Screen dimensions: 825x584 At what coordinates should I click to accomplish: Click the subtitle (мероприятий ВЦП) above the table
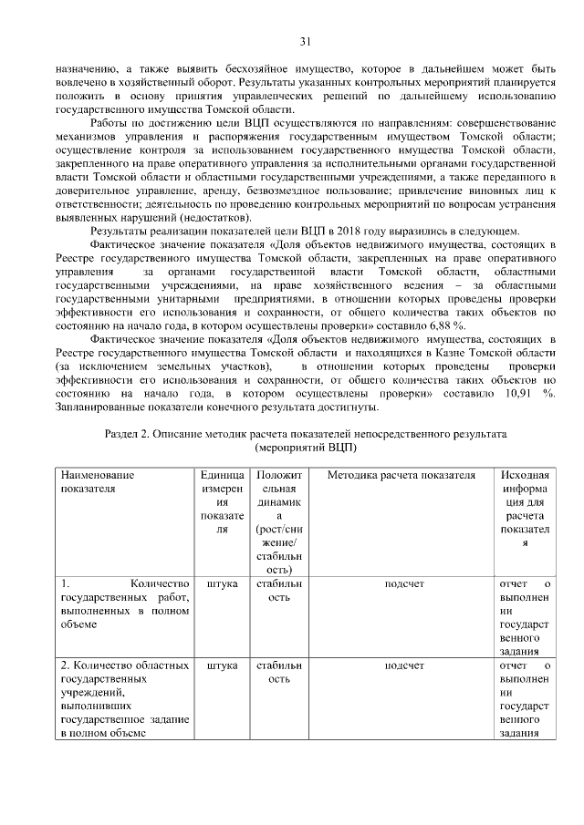(306, 449)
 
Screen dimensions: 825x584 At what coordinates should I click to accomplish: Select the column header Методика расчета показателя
(401, 476)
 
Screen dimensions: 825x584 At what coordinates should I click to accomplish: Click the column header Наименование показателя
(98, 482)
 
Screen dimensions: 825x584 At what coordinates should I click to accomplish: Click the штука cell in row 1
(222, 583)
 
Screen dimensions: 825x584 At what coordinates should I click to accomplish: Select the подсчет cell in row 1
(402, 583)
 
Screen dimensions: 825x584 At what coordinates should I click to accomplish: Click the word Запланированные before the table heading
(109, 407)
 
